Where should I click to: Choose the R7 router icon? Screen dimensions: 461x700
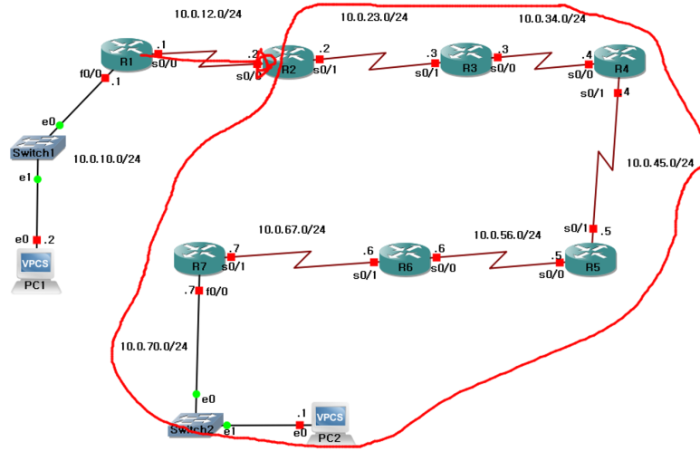click(x=198, y=257)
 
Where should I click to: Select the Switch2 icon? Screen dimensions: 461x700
click(x=195, y=424)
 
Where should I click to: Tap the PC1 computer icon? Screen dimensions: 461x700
click(x=37, y=269)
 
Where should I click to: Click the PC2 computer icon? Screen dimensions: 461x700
click(x=331, y=422)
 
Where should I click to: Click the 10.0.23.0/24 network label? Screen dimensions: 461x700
click(x=374, y=17)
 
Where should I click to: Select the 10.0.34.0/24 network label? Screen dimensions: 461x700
click(x=551, y=18)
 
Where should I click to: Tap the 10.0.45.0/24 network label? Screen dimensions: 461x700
click(x=660, y=163)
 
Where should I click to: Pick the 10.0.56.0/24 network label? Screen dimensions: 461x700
click(x=507, y=235)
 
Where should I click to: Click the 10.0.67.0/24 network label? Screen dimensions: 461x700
click(x=292, y=229)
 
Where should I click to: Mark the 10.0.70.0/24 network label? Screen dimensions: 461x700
click(x=154, y=346)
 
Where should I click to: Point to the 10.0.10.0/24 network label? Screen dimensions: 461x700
click(x=108, y=158)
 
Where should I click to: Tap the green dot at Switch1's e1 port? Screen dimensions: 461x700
click(x=37, y=179)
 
